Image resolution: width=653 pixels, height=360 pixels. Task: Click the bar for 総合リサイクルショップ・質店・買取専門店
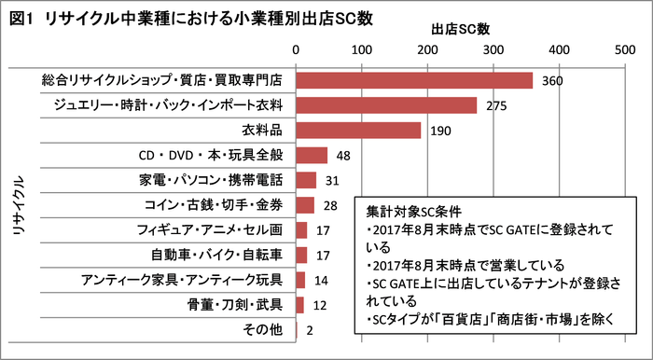click(414, 80)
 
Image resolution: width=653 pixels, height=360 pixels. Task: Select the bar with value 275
click(386, 105)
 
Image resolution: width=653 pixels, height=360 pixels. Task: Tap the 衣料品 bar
click(358, 130)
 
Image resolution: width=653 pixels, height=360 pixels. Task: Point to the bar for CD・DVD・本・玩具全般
click(312, 155)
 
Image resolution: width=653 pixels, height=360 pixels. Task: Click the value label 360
click(551, 81)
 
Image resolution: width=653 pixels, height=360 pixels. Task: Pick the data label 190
click(440, 131)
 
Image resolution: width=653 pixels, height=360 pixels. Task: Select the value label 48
click(343, 156)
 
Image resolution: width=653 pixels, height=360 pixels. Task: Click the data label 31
click(332, 180)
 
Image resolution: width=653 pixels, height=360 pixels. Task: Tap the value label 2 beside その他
click(309, 330)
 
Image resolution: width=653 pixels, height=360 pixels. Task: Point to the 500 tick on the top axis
click(625, 48)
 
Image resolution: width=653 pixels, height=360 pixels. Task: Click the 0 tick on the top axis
click(297, 48)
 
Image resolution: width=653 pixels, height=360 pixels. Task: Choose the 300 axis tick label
click(493, 48)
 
